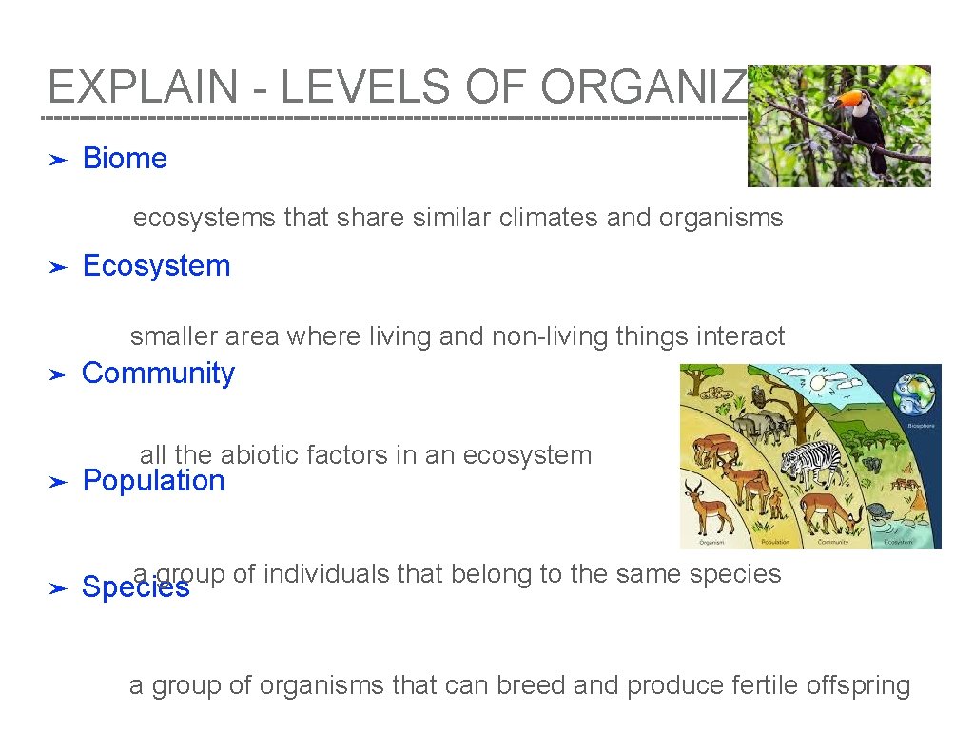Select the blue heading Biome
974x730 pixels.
[125, 159]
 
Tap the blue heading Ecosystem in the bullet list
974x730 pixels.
[156, 266]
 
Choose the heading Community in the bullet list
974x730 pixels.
[158, 374]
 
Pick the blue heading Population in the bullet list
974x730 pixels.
[153, 481]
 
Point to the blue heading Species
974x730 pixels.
[135, 588]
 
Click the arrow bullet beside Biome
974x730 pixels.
[57, 160]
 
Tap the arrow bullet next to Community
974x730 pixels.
[57, 375]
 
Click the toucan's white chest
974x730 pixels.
[862, 109]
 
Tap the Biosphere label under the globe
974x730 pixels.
[920, 425]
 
